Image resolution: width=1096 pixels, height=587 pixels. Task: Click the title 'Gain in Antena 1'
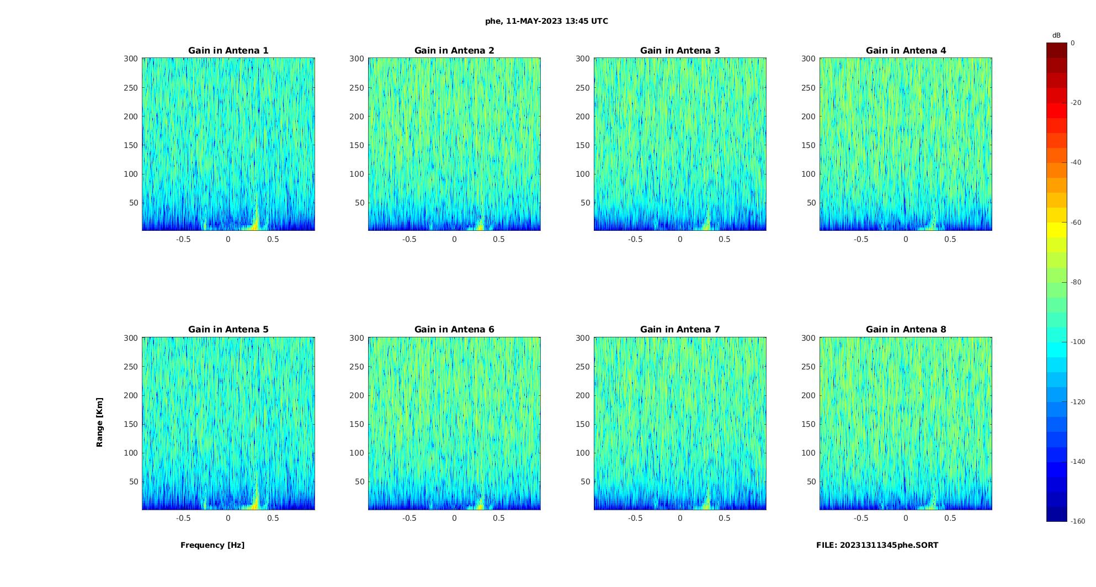(x=228, y=50)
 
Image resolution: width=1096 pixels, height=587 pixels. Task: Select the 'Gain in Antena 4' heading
(x=906, y=50)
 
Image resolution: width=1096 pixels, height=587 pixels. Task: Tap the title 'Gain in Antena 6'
(x=454, y=329)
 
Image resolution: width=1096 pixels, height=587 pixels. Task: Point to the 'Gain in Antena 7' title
(x=680, y=329)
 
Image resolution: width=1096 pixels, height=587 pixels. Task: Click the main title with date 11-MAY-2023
(x=546, y=21)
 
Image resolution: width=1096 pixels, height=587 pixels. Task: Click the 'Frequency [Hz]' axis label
(x=212, y=545)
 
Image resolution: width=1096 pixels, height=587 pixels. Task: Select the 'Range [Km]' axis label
(x=99, y=422)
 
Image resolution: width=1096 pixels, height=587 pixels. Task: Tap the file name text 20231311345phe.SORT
(x=877, y=545)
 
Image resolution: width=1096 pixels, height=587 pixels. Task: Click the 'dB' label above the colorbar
(x=1056, y=35)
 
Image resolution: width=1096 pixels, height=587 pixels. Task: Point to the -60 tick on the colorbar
(x=1076, y=223)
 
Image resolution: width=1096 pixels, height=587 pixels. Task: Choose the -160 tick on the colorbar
(x=1077, y=521)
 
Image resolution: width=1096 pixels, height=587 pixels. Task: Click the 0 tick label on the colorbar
(x=1072, y=43)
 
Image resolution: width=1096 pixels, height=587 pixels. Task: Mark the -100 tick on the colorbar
(x=1077, y=342)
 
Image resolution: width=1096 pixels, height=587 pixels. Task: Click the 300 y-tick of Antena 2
(x=357, y=59)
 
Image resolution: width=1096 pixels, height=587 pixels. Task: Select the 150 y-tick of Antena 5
(x=131, y=424)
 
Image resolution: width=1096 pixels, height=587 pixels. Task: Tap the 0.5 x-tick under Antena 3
(x=725, y=239)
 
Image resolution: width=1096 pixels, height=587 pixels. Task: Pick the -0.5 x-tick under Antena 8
(x=861, y=518)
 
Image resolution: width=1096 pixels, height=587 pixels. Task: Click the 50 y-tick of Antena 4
(x=811, y=203)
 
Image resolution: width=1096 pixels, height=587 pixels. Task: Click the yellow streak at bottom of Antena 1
(x=256, y=220)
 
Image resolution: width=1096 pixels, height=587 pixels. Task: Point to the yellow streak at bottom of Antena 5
(x=256, y=499)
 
